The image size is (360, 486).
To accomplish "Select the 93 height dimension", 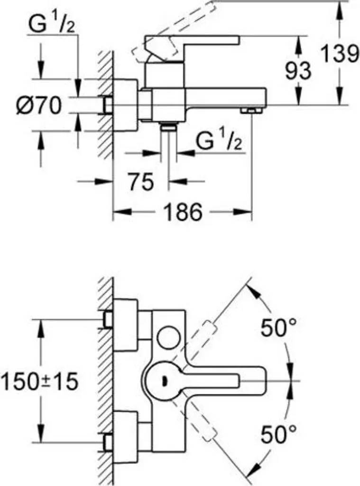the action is pyautogui.click(x=298, y=70).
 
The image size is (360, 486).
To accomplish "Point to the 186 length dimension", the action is pyautogui.click(x=183, y=212).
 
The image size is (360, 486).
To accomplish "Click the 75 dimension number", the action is pyautogui.click(x=141, y=182).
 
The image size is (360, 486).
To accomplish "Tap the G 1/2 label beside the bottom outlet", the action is pyautogui.click(x=219, y=140).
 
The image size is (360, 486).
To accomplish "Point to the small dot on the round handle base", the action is pyautogui.click(x=164, y=380).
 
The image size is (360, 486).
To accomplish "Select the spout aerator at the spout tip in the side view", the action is pyautogui.click(x=251, y=110).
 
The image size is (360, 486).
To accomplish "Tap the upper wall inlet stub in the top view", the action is pyautogui.click(x=108, y=319).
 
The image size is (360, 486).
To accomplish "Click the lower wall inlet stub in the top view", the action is pyautogui.click(x=108, y=442).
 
